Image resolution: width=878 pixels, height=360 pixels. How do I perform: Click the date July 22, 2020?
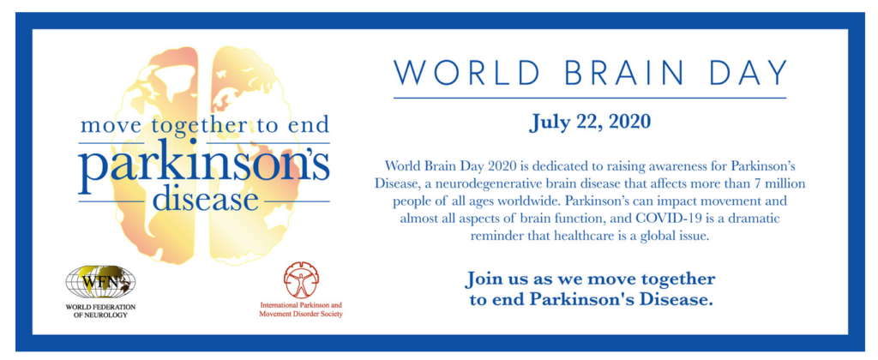point(590,122)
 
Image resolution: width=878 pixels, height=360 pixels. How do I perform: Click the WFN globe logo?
point(101,282)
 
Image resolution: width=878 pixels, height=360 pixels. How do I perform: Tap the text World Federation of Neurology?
point(101,311)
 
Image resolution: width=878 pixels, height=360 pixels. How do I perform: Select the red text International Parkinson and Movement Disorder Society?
point(301,309)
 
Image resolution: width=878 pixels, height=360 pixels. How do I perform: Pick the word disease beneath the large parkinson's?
point(206,201)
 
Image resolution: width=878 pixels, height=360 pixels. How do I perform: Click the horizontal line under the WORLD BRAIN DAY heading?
point(590,98)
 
